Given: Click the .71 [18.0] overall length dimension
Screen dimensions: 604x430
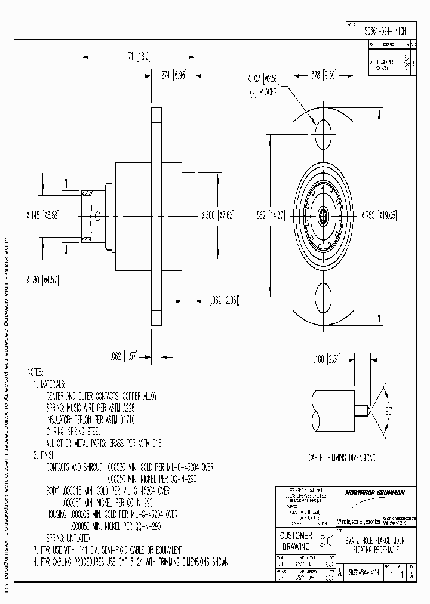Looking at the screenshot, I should tap(136, 57).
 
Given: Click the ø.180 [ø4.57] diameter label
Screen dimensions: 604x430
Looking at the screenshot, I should tap(42, 279).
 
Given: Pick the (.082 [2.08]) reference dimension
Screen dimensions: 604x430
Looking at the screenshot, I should tap(225, 299).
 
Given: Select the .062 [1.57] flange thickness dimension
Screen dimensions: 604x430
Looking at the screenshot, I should tap(124, 356).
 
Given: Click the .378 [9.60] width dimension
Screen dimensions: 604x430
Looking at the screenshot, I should tap(324, 75).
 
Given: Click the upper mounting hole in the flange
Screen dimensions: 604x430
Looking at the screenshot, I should tap(323, 130).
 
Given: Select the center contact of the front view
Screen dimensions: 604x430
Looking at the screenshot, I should tap(323, 213).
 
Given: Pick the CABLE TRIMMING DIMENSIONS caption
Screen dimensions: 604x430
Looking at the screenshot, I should tap(342, 458).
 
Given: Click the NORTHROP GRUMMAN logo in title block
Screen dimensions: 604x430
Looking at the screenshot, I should tap(374, 493).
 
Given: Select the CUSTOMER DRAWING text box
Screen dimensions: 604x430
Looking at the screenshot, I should tap(296, 541).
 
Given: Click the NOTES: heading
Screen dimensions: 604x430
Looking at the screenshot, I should tap(36, 372).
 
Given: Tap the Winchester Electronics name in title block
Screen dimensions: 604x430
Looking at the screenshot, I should tap(358, 521).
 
